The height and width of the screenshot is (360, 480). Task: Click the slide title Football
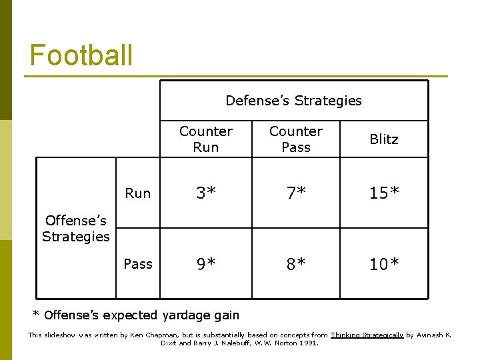81,55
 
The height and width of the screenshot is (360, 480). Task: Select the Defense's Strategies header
293,101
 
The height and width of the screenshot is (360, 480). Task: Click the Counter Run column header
205,139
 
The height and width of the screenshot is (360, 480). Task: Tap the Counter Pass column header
295,139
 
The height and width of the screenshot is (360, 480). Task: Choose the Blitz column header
383,139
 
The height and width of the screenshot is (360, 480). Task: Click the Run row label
138,193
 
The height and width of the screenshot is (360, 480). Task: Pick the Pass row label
138,264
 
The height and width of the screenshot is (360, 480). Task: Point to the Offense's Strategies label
75,228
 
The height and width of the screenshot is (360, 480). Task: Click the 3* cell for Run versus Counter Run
205,193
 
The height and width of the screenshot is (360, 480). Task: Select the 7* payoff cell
295,193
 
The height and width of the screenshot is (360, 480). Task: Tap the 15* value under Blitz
383,193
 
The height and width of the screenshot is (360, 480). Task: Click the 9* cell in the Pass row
205,264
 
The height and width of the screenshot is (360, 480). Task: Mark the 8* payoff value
295,264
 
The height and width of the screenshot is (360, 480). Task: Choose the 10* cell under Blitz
383,264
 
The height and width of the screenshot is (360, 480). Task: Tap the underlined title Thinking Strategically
367,335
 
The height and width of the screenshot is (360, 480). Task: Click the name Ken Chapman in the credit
146,335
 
